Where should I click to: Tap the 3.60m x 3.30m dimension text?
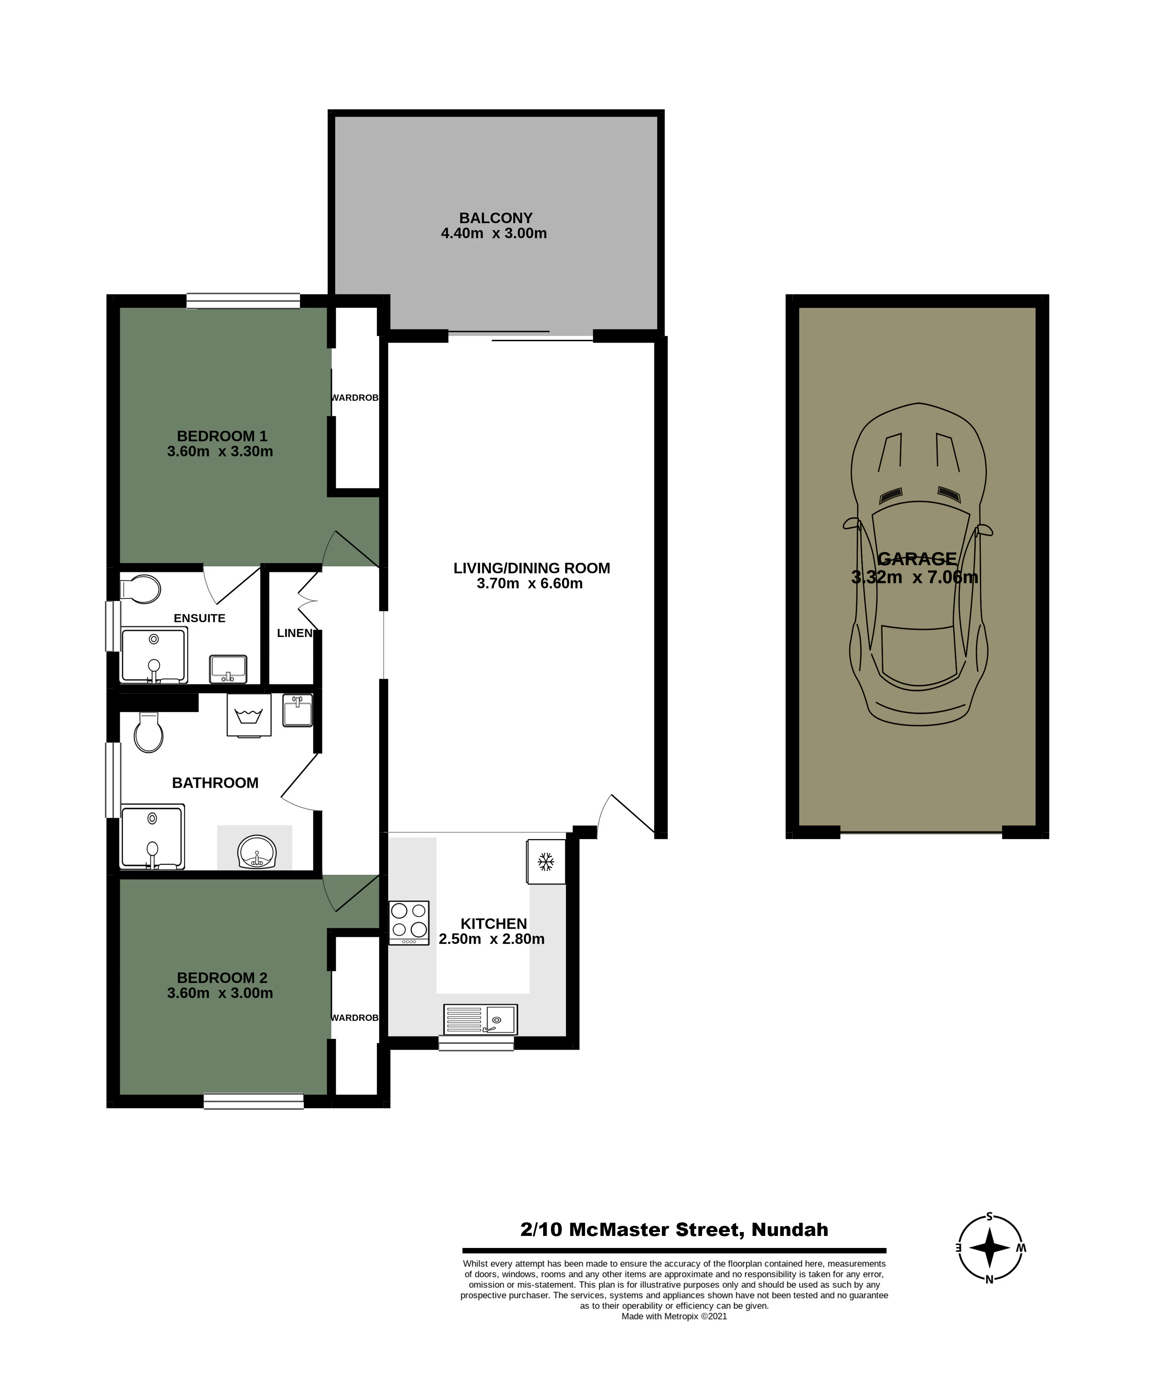(x=220, y=452)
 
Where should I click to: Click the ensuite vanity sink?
(x=228, y=669)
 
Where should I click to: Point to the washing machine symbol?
(x=249, y=715)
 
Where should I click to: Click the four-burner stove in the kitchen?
(x=409, y=923)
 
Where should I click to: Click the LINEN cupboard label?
(x=294, y=633)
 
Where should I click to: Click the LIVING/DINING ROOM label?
(x=532, y=568)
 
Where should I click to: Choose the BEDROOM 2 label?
(x=222, y=978)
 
